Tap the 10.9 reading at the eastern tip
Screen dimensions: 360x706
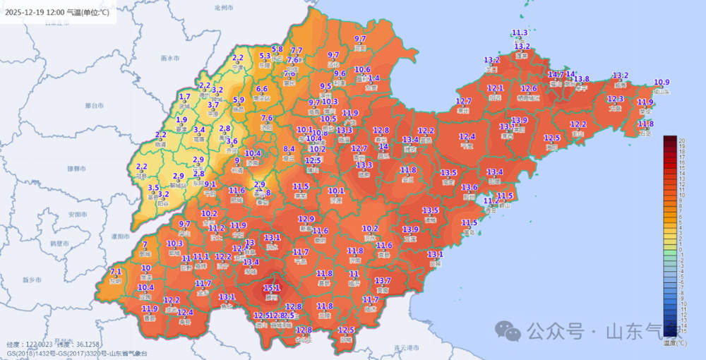point(662,82)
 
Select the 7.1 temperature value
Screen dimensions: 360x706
point(116,272)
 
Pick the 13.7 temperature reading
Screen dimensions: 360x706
point(383,281)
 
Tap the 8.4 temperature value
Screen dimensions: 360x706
point(289,149)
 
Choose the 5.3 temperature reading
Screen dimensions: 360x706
point(265,56)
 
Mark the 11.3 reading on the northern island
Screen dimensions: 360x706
point(520,33)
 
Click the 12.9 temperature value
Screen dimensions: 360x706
point(306,219)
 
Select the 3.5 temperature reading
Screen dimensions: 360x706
point(154,188)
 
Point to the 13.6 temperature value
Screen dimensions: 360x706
point(469,188)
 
